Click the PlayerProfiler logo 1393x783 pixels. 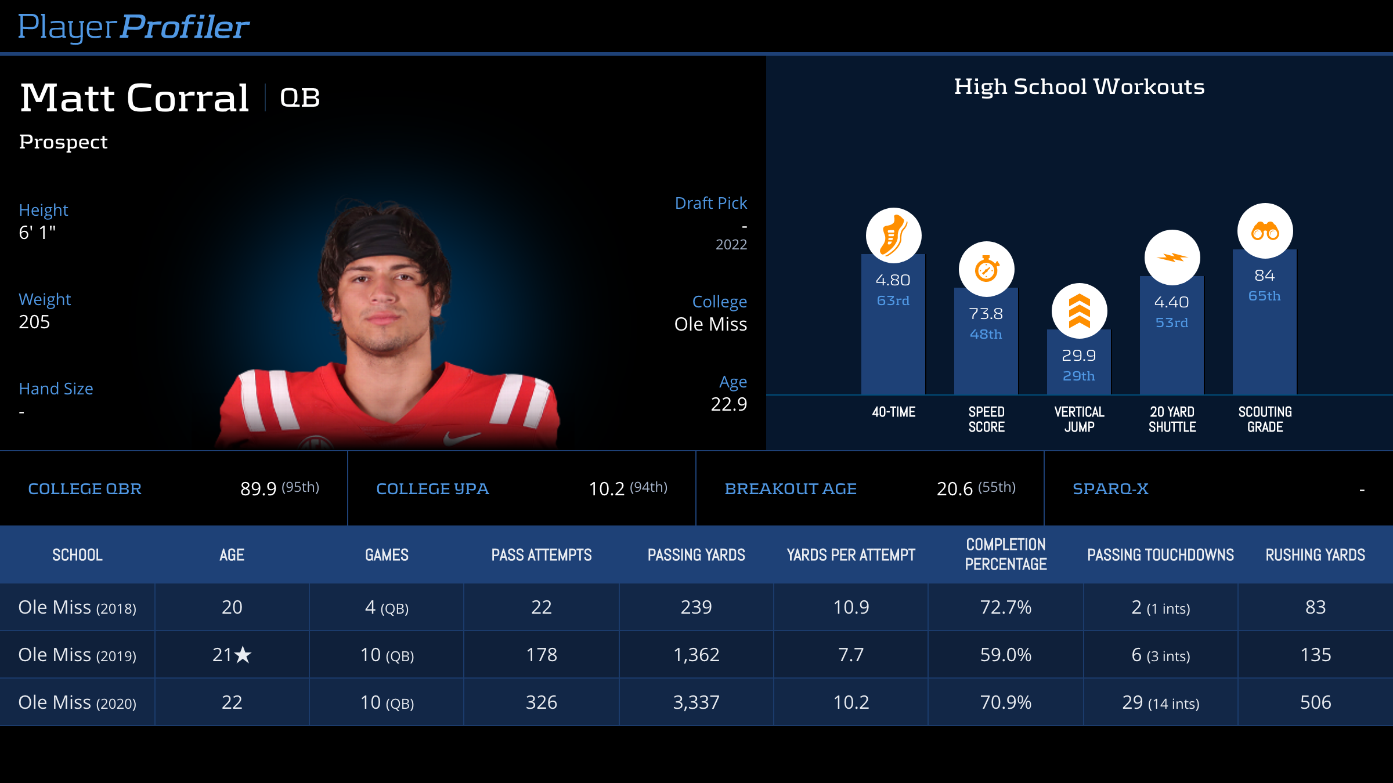coord(133,27)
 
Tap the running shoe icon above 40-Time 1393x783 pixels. coord(893,235)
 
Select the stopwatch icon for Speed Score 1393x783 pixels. coord(986,269)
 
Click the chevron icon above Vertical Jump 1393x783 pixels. coord(1079,311)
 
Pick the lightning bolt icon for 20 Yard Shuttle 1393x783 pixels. coord(1172,258)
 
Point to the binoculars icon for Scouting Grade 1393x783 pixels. coord(1265,231)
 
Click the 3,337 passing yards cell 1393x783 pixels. coord(696,702)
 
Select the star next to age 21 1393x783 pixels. coord(243,655)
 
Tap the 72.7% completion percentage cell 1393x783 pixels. coord(1005,607)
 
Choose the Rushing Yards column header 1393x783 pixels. coord(1315,555)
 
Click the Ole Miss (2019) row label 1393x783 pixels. coord(77,655)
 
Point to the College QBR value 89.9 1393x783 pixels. coord(258,489)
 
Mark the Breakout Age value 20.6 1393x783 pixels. coord(954,489)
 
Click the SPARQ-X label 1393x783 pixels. coord(1110,489)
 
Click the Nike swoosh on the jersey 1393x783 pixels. coord(461,437)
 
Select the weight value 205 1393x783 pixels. coord(34,322)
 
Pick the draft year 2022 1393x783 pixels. coord(731,245)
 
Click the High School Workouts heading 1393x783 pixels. coord(1079,87)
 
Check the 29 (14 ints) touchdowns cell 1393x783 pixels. coord(1160,702)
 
